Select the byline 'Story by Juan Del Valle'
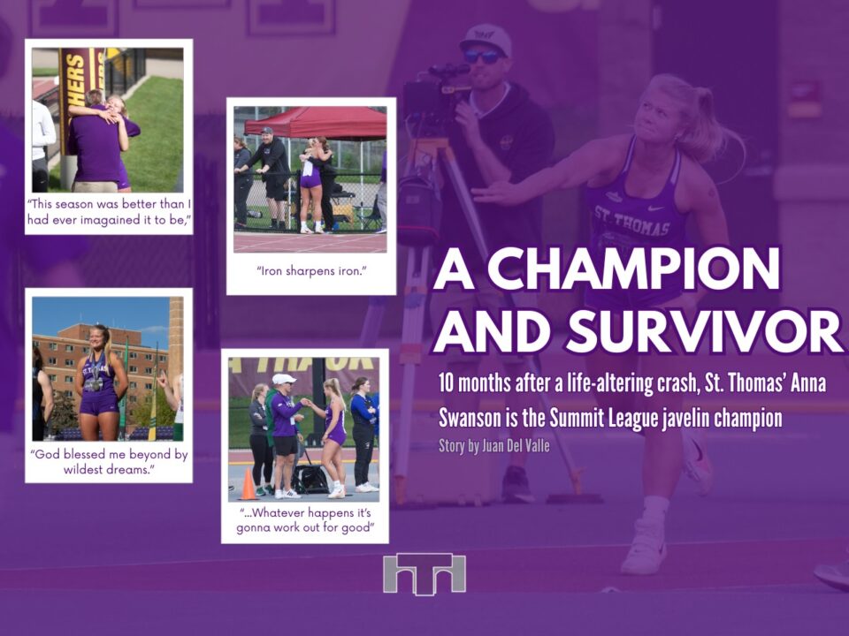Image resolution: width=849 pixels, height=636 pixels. tap(493, 445)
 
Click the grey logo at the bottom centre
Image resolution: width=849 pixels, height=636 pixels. tap(424, 574)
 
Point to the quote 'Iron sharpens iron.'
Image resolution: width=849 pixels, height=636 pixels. tap(311, 271)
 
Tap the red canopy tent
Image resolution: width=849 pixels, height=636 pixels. tap(316, 122)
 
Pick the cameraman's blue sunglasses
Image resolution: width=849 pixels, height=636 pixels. tap(483, 56)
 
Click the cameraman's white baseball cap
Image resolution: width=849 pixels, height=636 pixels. tap(486, 38)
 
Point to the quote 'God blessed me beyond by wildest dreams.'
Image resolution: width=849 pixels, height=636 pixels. tap(109, 461)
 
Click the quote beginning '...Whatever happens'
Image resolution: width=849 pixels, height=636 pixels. tap(305, 519)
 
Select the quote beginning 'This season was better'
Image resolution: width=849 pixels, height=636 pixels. tap(110, 211)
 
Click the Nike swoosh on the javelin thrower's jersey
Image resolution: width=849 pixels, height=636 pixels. tap(655, 208)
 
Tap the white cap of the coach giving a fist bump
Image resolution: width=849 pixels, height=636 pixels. tap(284, 379)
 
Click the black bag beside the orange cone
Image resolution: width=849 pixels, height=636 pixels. tap(310, 479)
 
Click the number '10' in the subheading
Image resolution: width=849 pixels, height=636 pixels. tap(445, 382)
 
